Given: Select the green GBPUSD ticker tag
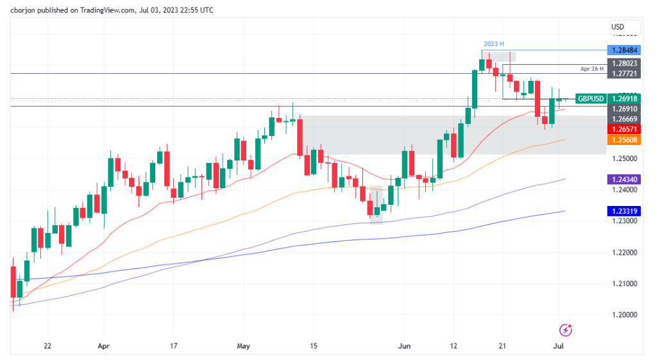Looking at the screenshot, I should coord(590,98).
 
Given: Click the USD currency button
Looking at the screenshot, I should coord(618,26).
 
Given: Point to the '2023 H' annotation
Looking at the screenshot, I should coord(494,44).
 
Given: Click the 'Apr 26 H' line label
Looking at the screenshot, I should coord(591,69).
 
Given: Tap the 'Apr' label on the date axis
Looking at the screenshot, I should coord(103,345).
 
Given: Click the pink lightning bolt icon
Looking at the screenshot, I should coord(566,330).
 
